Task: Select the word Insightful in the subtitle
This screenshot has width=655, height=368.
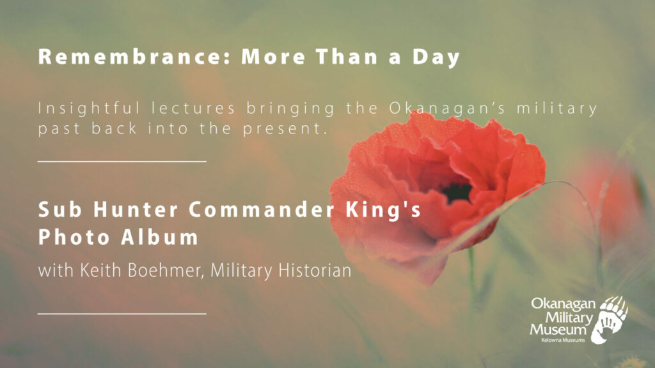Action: [x=89, y=109]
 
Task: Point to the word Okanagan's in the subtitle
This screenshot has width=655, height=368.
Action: [x=447, y=109]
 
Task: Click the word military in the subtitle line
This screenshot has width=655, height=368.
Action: [x=557, y=109]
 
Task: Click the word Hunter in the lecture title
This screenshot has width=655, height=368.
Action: [x=136, y=210]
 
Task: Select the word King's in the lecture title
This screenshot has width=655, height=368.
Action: [x=383, y=210]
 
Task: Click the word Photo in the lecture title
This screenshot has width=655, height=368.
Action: [x=74, y=237]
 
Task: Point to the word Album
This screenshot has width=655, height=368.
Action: [x=159, y=237]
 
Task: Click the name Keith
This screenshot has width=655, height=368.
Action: [x=100, y=270]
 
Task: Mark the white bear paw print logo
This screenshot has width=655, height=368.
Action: [x=612, y=319]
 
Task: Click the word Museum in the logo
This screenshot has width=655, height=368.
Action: [x=558, y=330]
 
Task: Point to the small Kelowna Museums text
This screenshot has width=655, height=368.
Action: [x=563, y=340]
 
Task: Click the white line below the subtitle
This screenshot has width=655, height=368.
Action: [x=122, y=161]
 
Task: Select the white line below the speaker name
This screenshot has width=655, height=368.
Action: [x=122, y=313]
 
